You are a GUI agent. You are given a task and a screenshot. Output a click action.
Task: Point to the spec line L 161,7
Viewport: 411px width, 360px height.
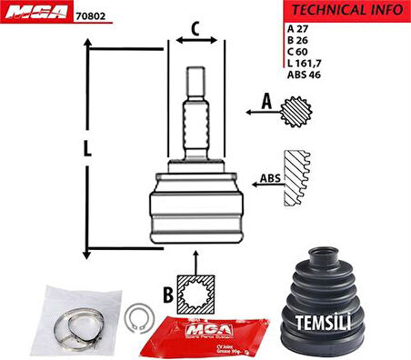coord(306,65)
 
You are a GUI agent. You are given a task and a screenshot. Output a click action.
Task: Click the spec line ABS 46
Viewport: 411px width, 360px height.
coord(305,76)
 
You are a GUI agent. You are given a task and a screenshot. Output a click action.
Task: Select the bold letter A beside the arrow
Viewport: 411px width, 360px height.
coord(266,102)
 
